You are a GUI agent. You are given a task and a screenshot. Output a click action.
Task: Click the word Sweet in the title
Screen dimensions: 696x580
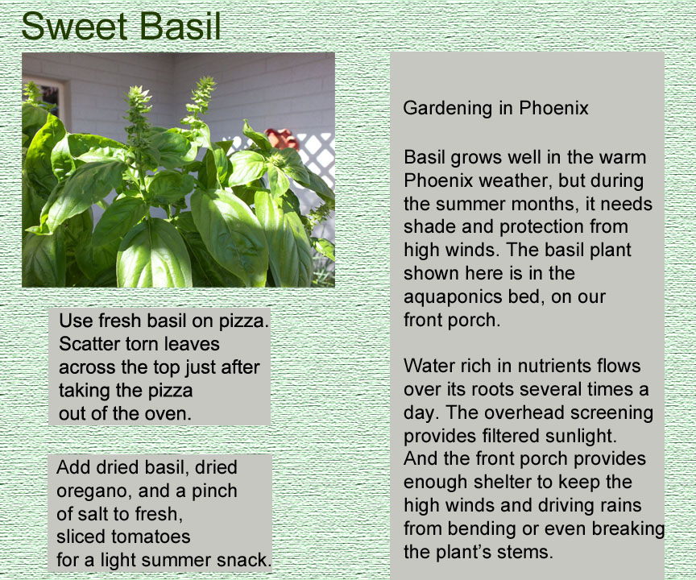pyautogui.click(x=74, y=27)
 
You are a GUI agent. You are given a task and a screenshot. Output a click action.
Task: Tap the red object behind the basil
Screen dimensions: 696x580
pyautogui.click(x=281, y=139)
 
